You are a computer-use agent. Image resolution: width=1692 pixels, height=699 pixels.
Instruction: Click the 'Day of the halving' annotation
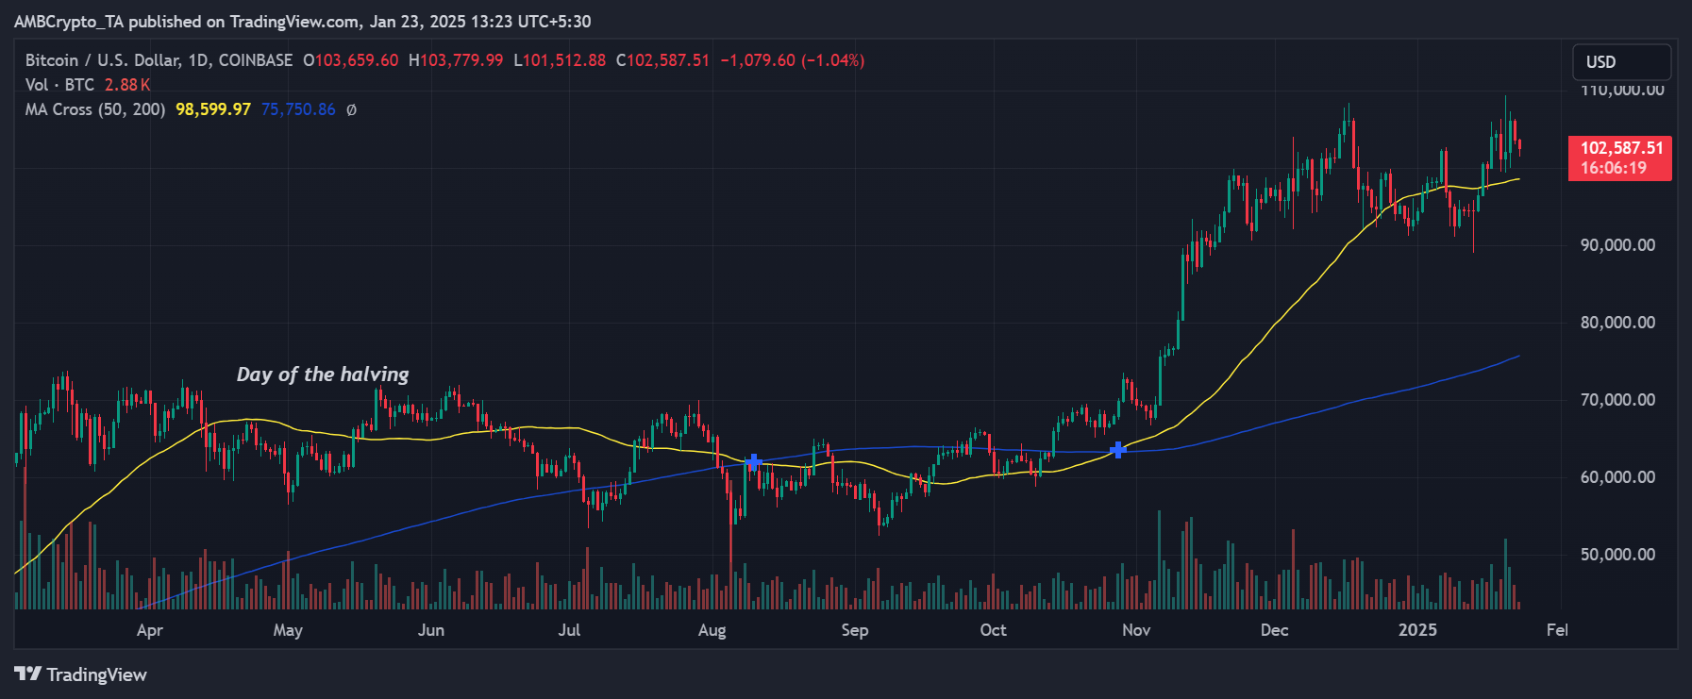tap(323, 374)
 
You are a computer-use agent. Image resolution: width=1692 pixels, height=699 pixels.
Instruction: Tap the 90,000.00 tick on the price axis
tap(1617, 245)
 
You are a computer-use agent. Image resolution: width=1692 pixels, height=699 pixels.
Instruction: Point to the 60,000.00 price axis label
tap(1617, 477)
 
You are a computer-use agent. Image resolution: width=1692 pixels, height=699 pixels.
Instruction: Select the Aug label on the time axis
tap(712, 630)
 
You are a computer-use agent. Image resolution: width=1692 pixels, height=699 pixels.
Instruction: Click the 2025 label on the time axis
tap(1417, 630)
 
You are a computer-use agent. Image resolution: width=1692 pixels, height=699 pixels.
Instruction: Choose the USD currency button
tap(1620, 62)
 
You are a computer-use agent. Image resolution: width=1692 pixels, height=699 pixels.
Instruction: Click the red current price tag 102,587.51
tap(1620, 148)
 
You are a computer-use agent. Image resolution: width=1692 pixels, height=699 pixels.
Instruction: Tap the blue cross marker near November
tap(1117, 450)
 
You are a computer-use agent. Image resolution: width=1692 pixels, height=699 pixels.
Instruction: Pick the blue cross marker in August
tap(753, 462)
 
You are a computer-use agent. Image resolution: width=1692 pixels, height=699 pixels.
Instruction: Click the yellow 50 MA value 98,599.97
tap(213, 109)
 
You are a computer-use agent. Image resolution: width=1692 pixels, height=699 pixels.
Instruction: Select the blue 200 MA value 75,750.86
tap(298, 109)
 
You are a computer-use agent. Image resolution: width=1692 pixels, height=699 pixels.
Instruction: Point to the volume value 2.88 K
tap(127, 85)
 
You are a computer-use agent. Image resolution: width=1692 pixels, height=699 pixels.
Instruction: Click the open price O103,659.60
tap(351, 60)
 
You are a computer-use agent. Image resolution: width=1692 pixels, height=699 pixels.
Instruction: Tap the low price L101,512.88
tap(560, 60)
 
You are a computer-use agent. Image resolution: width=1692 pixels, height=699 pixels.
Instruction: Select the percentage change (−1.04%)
tap(833, 60)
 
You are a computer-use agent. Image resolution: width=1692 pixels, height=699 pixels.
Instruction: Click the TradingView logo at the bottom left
tap(81, 674)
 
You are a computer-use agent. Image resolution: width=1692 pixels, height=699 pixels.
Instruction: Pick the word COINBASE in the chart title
tap(256, 60)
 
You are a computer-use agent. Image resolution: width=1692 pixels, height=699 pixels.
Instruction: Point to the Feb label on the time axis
tap(1557, 630)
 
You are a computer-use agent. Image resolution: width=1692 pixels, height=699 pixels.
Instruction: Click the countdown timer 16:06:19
tap(1613, 169)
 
